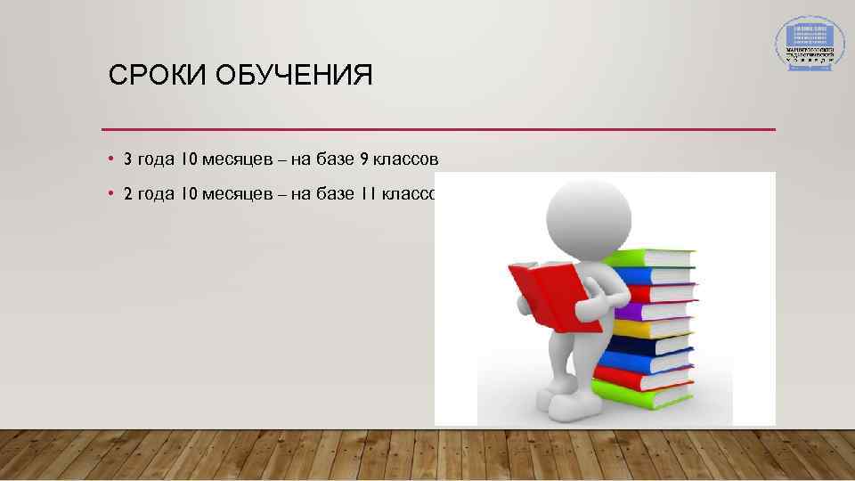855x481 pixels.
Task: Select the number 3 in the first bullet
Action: tap(127, 159)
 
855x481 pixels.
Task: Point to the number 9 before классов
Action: tap(364, 159)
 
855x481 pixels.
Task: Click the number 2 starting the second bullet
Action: tap(127, 194)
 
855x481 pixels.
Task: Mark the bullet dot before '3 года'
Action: tap(110, 159)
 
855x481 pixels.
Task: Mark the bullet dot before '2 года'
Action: tap(110, 194)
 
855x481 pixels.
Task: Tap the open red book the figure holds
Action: tap(545, 293)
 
